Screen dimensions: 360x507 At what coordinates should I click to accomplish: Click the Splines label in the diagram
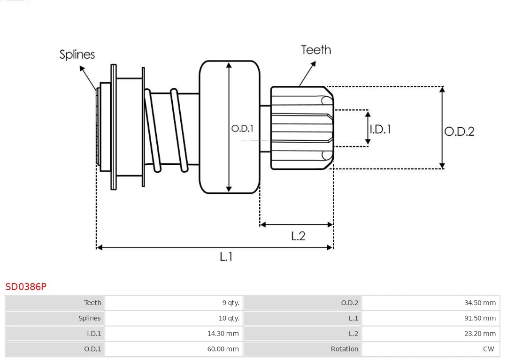click(x=77, y=54)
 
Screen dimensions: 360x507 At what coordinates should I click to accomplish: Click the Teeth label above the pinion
click(x=316, y=50)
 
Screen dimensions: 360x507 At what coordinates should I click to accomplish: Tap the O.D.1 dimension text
click(x=242, y=128)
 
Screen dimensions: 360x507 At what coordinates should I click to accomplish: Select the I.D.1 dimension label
click(x=380, y=129)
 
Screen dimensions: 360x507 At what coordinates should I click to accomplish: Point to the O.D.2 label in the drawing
click(x=459, y=131)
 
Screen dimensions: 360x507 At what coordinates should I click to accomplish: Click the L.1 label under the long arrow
click(x=226, y=256)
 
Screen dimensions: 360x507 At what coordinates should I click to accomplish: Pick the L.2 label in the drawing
click(x=298, y=236)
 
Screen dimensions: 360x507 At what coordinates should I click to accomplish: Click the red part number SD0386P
click(x=26, y=286)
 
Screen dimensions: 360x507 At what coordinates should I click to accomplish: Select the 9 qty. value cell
click(x=230, y=303)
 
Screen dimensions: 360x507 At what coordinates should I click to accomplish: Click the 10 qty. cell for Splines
click(x=229, y=318)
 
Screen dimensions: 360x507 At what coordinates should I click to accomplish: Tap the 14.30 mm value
click(x=223, y=334)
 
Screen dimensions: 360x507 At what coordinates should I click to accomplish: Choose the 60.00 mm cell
click(x=223, y=349)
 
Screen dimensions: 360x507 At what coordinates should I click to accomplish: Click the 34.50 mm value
click(x=480, y=303)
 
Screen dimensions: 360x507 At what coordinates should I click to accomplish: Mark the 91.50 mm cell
click(x=480, y=318)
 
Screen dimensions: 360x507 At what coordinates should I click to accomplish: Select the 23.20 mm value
click(x=480, y=334)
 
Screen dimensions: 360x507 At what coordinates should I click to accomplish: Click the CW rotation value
click(x=488, y=349)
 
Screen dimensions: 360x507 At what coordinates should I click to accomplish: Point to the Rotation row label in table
click(x=344, y=349)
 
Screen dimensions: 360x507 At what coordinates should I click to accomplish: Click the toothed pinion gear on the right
click(x=302, y=128)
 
